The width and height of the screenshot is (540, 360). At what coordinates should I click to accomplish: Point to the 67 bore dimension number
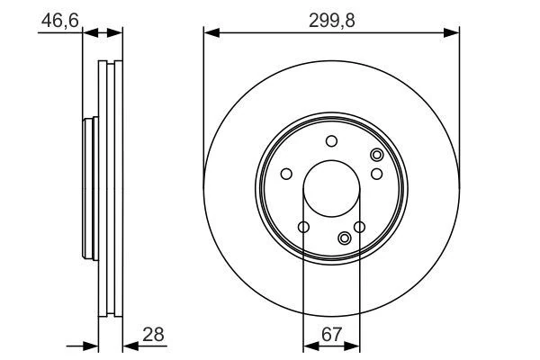(x=331, y=335)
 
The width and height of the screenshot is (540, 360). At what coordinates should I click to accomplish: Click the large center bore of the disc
(x=331, y=188)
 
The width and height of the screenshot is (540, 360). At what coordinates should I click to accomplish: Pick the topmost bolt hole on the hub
(x=331, y=140)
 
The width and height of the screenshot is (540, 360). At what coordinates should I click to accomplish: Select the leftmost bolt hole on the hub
(x=286, y=174)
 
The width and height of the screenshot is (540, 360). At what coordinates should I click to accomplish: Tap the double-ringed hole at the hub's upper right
(x=376, y=156)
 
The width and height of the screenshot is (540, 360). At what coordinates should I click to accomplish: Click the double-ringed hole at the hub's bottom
(x=346, y=238)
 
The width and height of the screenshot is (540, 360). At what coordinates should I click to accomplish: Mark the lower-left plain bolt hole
(x=303, y=227)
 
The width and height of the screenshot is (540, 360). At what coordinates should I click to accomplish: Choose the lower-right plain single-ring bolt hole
(x=359, y=227)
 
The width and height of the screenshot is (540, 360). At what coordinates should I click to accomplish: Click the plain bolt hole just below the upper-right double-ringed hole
(x=377, y=174)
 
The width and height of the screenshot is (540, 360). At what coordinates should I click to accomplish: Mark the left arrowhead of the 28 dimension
(x=91, y=344)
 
